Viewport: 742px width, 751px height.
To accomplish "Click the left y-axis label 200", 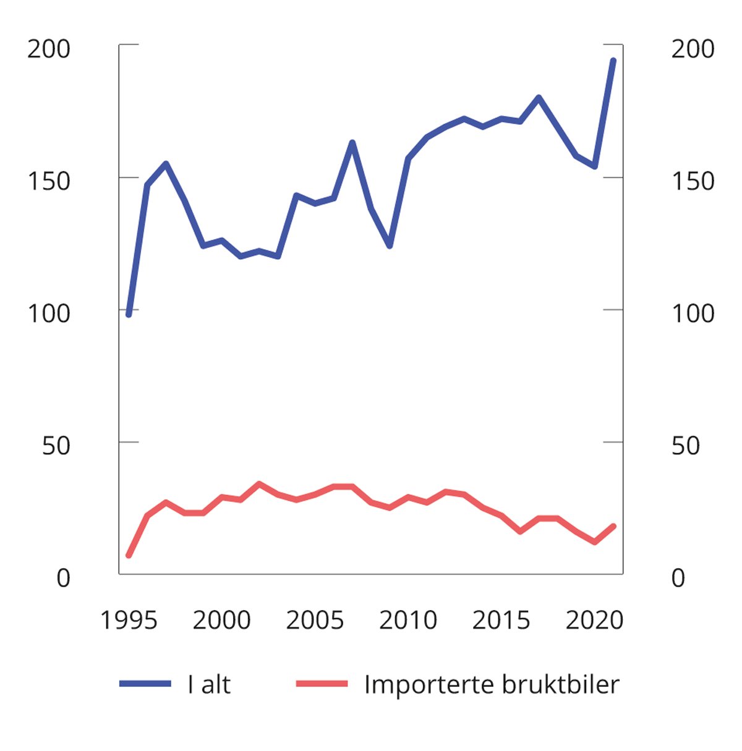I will tap(49, 49).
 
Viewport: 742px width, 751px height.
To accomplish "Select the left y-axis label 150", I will tap(49, 182).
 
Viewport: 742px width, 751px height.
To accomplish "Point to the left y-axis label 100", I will tap(49, 314).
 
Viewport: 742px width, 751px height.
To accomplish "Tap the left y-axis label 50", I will tap(56, 446).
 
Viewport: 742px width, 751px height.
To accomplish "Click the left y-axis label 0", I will tap(64, 579).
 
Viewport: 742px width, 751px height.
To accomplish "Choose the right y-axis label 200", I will tap(693, 49).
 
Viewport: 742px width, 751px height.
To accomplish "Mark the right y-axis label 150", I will tap(693, 182).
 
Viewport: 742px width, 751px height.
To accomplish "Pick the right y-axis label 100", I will tap(693, 314).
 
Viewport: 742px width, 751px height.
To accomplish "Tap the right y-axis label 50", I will tap(685, 446).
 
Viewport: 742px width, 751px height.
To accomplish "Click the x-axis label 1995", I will tap(129, 621).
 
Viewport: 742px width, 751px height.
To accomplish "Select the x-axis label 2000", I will tap(221, 621).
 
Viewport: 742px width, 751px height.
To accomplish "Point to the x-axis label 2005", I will tap(315, 621).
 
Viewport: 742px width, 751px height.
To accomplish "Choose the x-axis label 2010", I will tap(408, 621).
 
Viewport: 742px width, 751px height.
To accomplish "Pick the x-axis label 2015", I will tap(501, 621).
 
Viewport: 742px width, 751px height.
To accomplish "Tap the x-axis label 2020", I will tap(594, 621).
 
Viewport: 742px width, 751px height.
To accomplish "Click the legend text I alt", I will tap(209, 685).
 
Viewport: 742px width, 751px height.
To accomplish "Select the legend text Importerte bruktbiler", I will tap(492, 685).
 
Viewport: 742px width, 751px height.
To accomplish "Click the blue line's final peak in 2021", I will tap(613, 60).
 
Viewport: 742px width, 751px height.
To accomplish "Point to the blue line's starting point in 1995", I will tap(129, 315).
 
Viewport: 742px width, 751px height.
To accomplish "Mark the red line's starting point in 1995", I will tap(129, 556).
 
